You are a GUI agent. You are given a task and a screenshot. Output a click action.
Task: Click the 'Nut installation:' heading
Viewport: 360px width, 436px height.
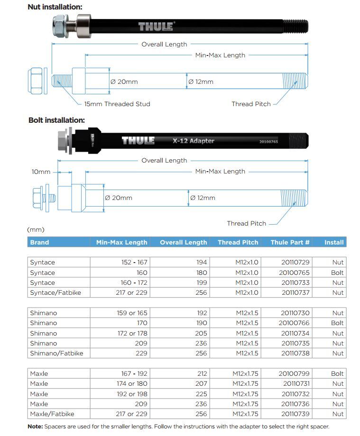[x=55, y=7]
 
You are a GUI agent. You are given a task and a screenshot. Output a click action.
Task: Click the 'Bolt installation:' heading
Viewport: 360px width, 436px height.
[x=56, y=120]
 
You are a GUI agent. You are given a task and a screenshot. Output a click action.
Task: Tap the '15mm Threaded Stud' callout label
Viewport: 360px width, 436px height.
[x=117, y=104]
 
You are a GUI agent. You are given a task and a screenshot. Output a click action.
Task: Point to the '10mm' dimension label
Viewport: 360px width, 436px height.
[x=41, y=172]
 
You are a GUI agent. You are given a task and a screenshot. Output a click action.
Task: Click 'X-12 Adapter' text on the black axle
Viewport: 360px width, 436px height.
[x=193, y=141]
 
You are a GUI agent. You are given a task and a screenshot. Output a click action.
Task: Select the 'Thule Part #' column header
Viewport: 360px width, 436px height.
[x=290, y=242]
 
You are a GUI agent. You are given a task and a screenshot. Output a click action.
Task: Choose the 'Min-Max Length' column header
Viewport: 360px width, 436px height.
[x=121, y=242]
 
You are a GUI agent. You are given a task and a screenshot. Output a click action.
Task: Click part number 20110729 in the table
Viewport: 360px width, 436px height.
[x=295, y=263]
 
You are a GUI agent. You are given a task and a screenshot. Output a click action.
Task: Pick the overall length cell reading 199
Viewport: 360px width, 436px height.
[x=201, y=282]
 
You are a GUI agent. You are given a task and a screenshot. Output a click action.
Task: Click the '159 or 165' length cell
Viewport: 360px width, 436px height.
[x=132, y=313]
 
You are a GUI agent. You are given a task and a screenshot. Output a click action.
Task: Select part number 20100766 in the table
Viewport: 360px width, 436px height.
[x=295, y=323]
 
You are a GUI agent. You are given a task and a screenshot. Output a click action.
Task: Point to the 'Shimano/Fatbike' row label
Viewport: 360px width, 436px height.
[x=56, y=353]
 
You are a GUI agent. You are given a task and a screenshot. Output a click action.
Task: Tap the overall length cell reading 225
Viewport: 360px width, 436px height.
[x=201, y=394]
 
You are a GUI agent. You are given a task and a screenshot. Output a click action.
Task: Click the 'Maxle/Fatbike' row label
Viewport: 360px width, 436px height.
[x=52, y=414]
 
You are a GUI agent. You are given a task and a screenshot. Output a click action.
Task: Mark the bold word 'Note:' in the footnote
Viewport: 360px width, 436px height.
[x=35, y=427]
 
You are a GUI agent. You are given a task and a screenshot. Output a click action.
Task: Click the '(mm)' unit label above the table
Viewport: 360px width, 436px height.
[x=36, y=230]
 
